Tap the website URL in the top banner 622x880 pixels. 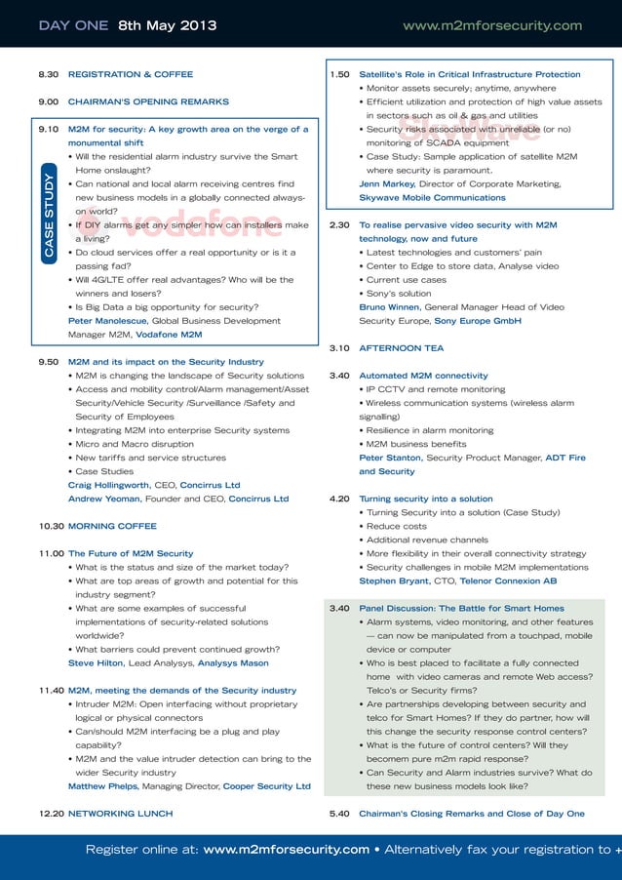491,25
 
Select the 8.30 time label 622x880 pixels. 49,74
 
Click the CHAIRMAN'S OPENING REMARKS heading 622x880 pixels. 148,101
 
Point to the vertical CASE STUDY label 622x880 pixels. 50,217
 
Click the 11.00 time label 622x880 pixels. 51,553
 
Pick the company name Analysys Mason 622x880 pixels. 233,662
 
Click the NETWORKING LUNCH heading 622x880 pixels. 120,813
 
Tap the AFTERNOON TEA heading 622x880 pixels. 401,347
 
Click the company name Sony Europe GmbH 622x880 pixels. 478,320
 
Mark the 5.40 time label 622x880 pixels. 340,813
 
